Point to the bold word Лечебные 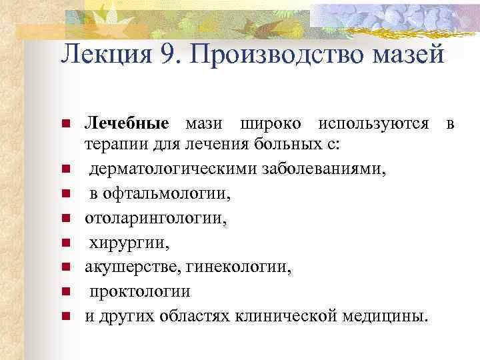[127, 124]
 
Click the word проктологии [141, 291]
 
